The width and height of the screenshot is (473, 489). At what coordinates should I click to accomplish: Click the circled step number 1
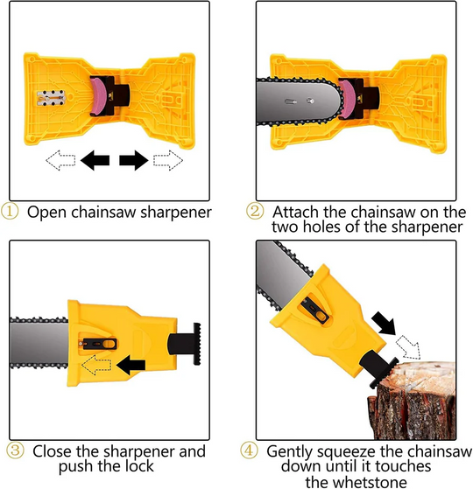click(x=14, y=212)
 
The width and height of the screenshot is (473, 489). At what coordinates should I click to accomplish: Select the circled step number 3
click(x=14, y=452)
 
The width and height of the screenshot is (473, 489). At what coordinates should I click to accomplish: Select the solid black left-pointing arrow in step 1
click(x=95, y=161)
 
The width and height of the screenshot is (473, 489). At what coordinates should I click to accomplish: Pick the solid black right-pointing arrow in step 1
click(x=132, y=161)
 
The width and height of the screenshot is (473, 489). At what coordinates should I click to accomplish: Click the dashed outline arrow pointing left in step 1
click(x=60, y=161)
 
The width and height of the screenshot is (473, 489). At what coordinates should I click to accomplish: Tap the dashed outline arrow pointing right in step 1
click(x=167, y=161)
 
